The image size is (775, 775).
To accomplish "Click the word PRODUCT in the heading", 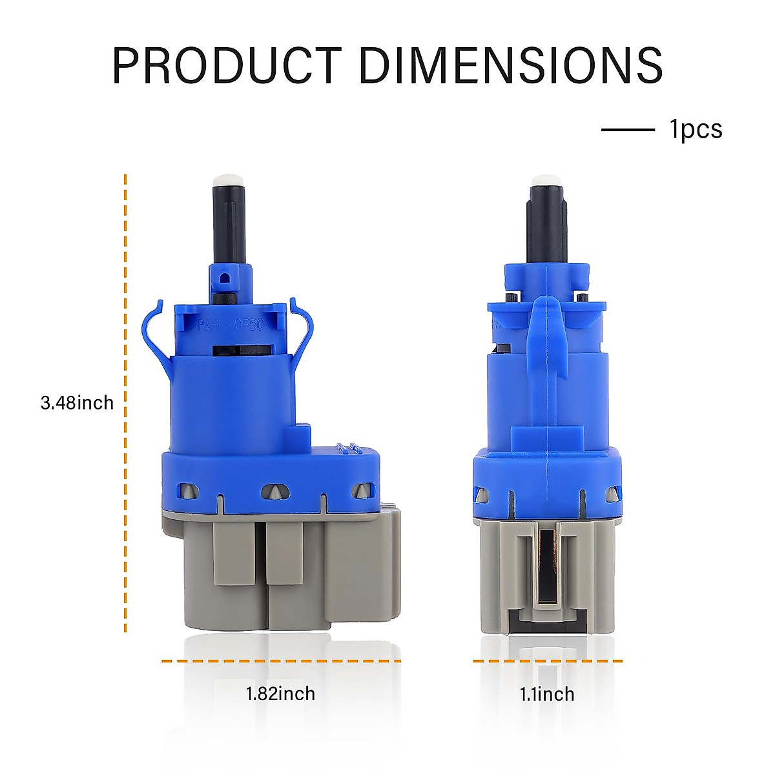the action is click(227, 65).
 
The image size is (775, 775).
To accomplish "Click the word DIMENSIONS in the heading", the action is click(511, 65).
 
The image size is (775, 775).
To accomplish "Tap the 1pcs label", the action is click(696, 130).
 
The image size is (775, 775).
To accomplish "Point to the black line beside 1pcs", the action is click(628, 130).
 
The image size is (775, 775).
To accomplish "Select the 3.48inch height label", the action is click(77, 402).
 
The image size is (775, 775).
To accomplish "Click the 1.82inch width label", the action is click(280, 694).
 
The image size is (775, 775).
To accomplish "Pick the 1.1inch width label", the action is click(547, 694).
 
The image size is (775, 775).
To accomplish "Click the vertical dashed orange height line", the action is click(125, 403).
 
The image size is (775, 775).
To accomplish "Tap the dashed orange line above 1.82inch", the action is click(281, 661).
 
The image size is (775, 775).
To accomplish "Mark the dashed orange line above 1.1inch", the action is click(548, 661).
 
